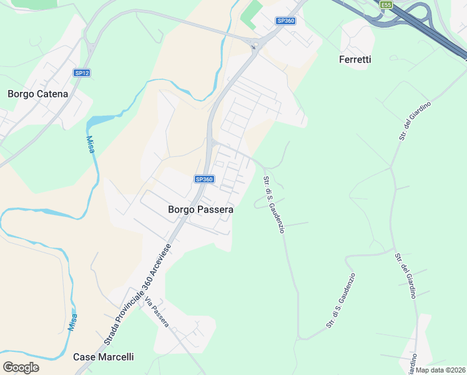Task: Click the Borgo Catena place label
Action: click(x=37, y=94)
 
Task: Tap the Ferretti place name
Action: click(x=355, y=59)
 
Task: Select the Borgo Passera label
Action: click(x=200, y=210)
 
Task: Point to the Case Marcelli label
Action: click(x=103, y=357)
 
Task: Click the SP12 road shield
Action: click(x=82, y=73)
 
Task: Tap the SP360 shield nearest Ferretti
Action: click(x=285, y=21)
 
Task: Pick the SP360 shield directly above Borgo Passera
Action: click(x=204, y=179)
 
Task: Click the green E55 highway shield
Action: click(x=386, y=5)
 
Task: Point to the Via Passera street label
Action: click(x=157, y=310)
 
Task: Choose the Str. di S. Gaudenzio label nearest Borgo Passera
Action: click(x=274, y=205)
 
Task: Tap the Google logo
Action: click(x=21, y=367)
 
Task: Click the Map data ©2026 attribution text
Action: click(x=440, y=370)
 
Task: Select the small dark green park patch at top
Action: click(x=251, y=14)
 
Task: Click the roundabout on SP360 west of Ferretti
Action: click(x=253, y=45)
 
